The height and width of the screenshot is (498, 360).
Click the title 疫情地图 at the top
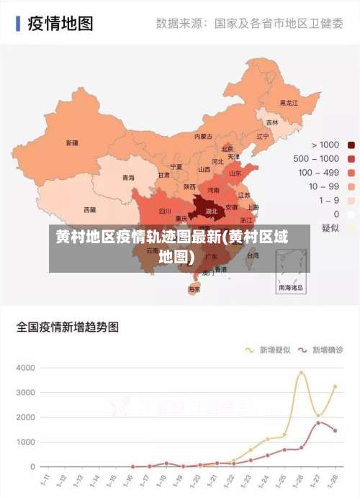(x=60, y=23)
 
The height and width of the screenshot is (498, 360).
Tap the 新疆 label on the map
(x=72, y=142)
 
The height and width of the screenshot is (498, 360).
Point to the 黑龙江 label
(x=289, y=103)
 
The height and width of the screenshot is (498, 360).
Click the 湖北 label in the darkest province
(x=212, y=212)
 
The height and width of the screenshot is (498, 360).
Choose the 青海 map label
(x=128, y=177)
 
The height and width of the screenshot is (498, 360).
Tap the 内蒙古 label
(x=203, y=136)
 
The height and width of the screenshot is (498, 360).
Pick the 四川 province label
(x=165, y=212)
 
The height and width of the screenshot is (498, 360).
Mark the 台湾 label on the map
(x=253, y=255)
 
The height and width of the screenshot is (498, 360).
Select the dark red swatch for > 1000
(x=351, y=145)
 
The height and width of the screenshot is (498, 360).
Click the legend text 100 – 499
(x=318, y=172)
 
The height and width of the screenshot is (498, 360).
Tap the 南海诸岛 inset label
(x=292, y=287)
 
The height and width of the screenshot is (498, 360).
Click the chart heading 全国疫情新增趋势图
(x=68, y=327)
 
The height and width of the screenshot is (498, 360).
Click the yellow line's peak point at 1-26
(x=302, y=373)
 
